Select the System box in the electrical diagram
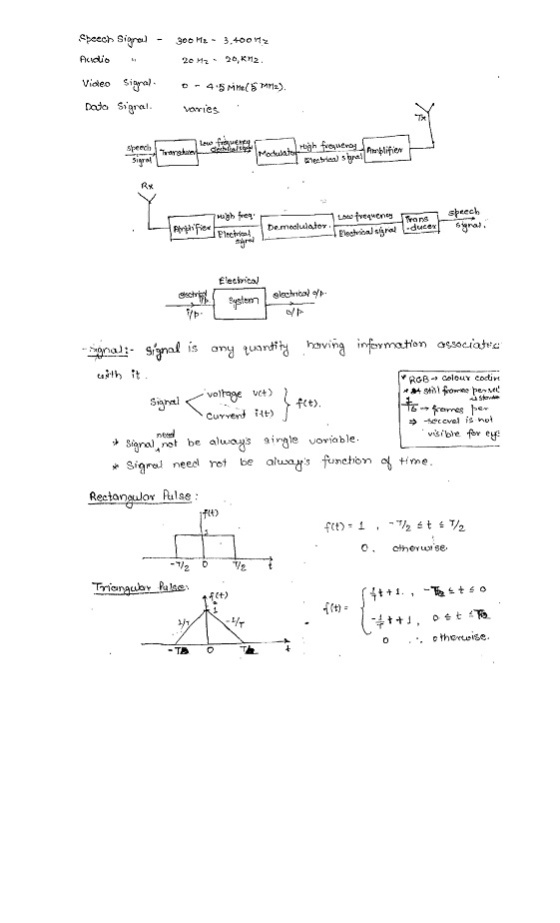tap(243, 301)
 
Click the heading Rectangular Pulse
tap(131, 495)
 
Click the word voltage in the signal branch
tap(224, 395)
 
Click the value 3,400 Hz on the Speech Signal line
tap(246, 41)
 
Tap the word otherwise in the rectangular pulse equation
tap(419, 547)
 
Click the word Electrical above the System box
tap(239, 280)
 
